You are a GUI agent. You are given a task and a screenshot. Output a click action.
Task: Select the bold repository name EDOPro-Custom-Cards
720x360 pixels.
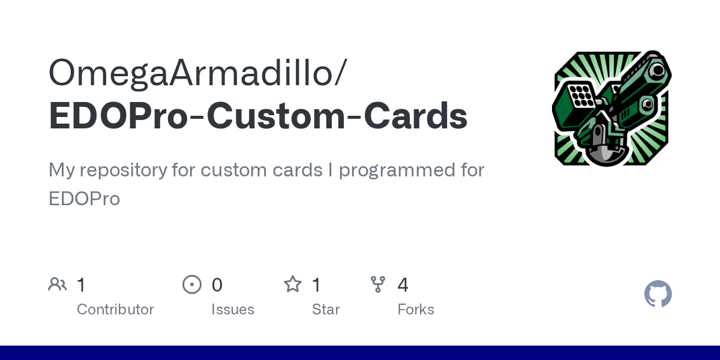point(258,116)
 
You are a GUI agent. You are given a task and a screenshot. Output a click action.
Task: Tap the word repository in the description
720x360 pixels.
point(125,170)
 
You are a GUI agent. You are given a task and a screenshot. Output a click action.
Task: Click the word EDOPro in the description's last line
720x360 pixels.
point(84,199)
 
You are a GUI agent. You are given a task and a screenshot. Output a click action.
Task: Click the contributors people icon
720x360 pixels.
point(58,284)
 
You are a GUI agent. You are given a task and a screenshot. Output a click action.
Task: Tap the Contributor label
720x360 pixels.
point(115,310)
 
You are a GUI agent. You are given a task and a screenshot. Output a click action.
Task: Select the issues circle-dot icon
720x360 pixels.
point(192,284)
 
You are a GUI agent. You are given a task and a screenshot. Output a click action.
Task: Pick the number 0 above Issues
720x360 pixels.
point(217,284)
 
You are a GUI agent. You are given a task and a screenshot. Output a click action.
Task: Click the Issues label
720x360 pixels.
point(233,310)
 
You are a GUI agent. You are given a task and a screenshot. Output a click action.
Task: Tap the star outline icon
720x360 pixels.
point(293,284)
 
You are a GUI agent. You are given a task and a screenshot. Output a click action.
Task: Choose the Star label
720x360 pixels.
point(326,310)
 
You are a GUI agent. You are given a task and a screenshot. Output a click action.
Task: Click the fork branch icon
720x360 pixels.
point(378,284)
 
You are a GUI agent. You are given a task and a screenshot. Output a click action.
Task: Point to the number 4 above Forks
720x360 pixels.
point(403,284)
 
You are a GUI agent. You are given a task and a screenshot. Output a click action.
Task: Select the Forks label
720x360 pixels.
point(416,310)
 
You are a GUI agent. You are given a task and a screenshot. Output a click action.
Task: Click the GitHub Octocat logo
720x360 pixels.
point(658,294)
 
